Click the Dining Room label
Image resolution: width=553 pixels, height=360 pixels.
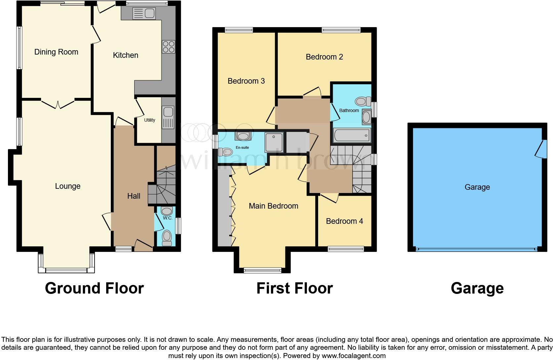56,52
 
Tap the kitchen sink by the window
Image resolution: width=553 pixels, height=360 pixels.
143,14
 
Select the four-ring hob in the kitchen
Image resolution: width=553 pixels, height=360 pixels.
168,47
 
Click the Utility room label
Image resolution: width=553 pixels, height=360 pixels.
149,120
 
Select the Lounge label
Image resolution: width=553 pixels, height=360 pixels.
67,186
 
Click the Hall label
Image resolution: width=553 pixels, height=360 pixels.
134,196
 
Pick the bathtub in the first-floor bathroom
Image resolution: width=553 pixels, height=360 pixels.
351,135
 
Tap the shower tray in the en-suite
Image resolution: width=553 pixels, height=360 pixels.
274,142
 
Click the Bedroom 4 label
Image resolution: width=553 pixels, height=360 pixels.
344,221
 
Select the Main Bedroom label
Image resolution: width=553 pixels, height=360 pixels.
273,206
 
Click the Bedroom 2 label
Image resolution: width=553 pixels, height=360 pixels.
324,57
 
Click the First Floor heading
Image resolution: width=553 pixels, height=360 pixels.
294,288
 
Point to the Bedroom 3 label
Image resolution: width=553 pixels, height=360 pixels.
246,81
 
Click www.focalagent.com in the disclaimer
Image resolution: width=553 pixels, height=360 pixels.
354,356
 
